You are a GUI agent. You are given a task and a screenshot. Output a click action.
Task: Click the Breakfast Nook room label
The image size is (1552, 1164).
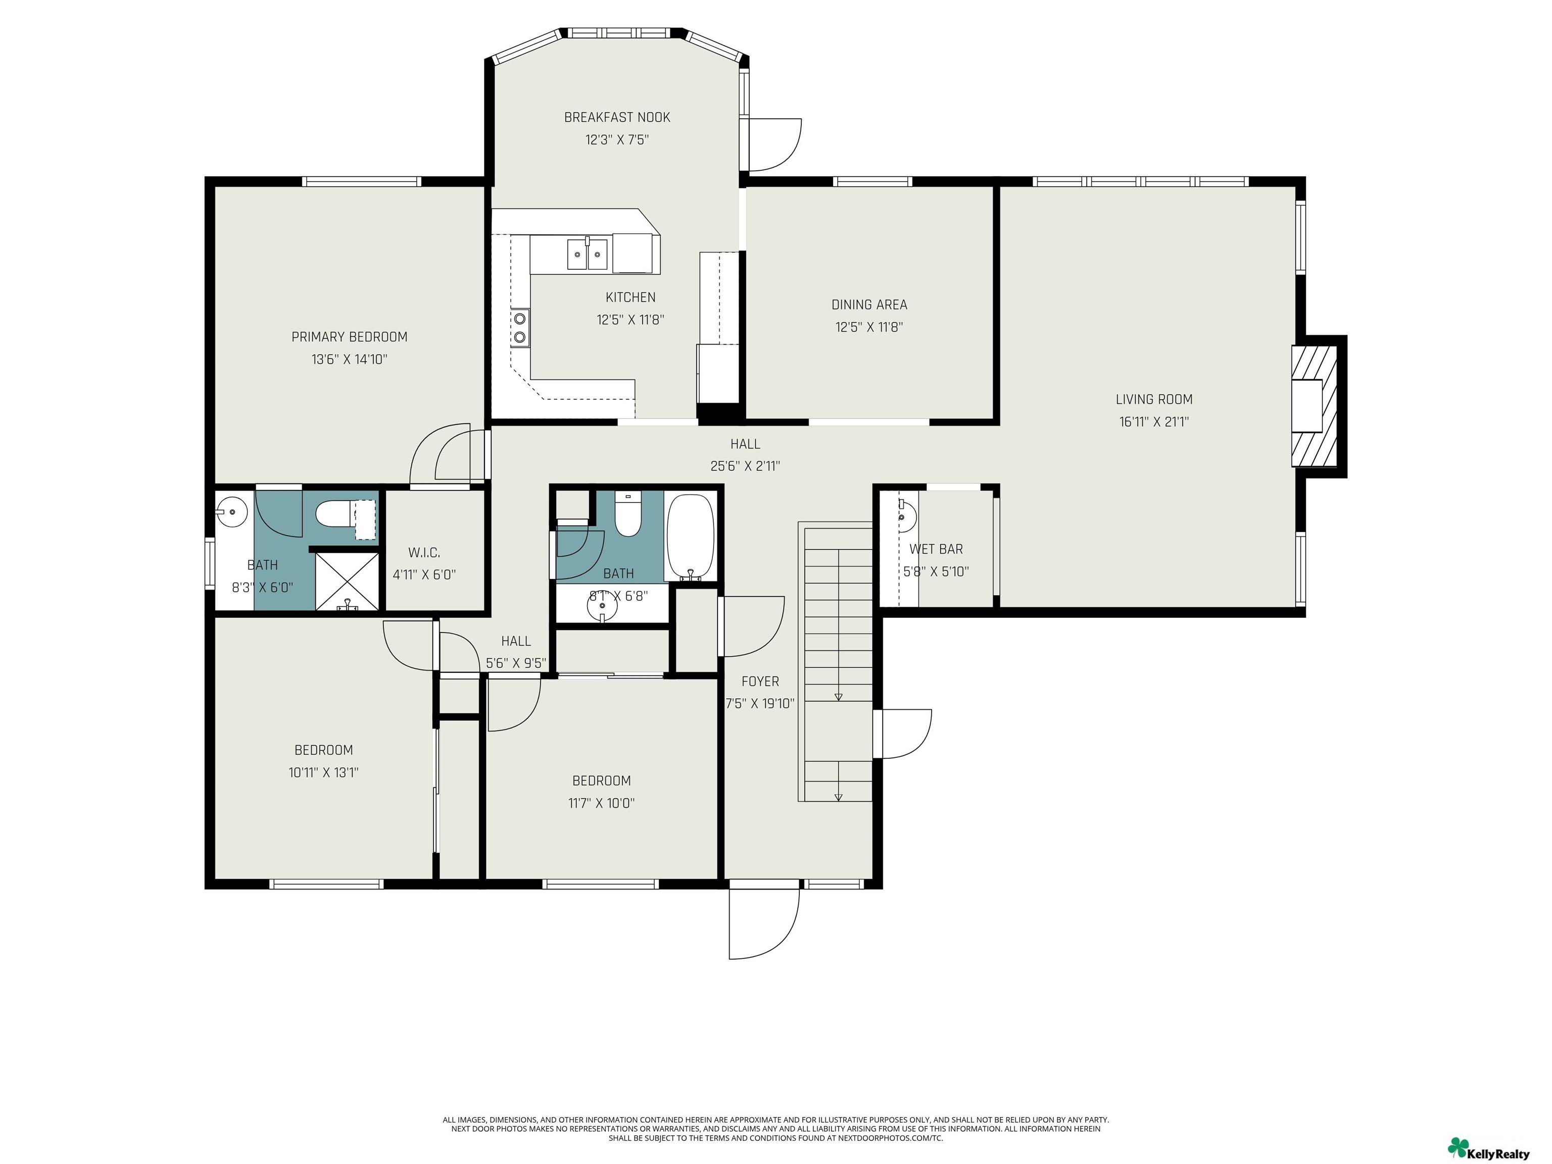coord(617,117)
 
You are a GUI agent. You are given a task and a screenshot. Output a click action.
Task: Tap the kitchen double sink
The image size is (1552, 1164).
coord(587,253)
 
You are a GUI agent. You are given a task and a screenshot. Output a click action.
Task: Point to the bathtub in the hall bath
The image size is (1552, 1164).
coord(691,537)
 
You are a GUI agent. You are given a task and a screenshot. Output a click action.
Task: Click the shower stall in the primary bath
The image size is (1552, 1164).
coord(347,580)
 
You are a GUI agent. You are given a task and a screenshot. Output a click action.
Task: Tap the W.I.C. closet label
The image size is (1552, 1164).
coord(424,553)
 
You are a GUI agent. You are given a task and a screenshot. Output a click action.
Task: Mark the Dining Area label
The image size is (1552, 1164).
coord(869,305)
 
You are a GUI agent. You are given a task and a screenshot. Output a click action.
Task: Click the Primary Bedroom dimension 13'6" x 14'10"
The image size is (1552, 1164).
coord(350,359)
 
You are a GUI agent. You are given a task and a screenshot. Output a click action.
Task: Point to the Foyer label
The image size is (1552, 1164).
coord(760,682)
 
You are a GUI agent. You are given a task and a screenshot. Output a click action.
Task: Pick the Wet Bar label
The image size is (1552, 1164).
coord(936,549)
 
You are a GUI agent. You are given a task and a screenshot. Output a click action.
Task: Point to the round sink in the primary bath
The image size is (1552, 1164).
coord(231,511)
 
